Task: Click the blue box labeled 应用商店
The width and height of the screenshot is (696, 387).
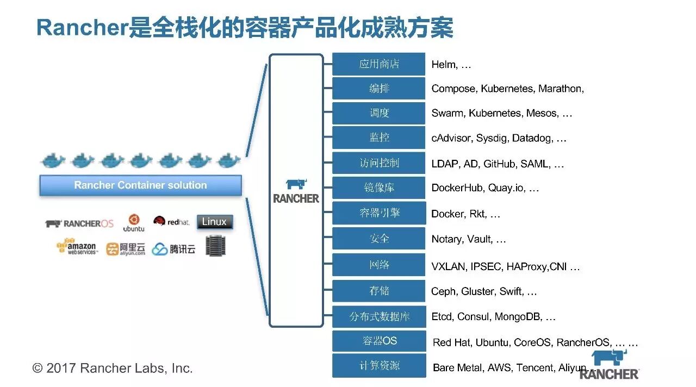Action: coord(378,64)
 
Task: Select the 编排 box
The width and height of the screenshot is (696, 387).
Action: coord(378,89)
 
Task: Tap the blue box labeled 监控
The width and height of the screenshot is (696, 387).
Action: coord(378,138)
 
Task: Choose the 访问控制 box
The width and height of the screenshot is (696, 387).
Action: coord(378,163)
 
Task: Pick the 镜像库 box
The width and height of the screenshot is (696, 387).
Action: coord(378,188)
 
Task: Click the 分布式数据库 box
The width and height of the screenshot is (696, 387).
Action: coord(378,316)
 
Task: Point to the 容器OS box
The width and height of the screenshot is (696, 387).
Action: coord(378,341)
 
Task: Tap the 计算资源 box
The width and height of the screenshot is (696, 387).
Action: coord(378,366)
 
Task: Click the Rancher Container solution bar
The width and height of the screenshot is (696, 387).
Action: coord(140,185)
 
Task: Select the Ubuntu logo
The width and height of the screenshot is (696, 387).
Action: coord(134,222)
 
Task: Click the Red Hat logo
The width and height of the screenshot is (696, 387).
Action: coord(171,221)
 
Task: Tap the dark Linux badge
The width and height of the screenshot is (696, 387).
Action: coord(214,222)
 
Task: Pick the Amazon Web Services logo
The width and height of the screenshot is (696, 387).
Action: coord(77,247)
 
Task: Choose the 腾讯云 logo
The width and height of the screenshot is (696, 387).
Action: coord(173,249)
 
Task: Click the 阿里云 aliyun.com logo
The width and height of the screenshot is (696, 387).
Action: coord(126,249)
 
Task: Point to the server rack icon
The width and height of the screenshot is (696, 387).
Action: coord(215,246)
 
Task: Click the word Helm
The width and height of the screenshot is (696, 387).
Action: coord(443,65)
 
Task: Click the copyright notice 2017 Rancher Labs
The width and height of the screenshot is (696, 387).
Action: coord(113,368)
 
